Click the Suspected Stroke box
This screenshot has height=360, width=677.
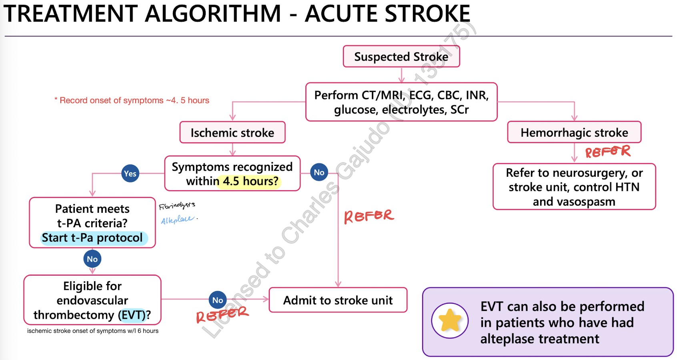[x=401, y=56]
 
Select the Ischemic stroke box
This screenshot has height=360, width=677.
[x=232, y=132]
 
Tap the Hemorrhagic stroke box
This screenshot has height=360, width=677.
[x=574, y=132]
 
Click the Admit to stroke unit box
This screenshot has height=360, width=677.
[x=338, y=300]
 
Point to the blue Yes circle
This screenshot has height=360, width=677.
[x=130, y=174]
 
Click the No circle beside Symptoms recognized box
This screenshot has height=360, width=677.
[x=319, y=172]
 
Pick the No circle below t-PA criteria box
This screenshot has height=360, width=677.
[x=92, y=259]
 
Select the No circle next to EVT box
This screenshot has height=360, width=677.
[x=218, y=300]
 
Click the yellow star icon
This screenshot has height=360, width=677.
[x=450, y=320]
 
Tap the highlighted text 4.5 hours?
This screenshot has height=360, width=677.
[x=250, y=181]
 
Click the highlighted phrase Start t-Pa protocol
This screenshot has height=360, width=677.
[x=92, y=238]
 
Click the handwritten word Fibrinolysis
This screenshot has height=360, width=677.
[x=177, y=206]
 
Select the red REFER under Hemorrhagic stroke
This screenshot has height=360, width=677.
[x=608, y=152]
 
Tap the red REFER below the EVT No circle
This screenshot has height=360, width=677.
[x=222, y=314]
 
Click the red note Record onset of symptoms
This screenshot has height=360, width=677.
[x=132, y=100]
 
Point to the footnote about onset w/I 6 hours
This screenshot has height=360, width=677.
[x=93, y=331]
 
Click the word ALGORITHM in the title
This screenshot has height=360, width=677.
[x=213, y=14]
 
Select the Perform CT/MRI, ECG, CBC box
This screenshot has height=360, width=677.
[x=401, y=102]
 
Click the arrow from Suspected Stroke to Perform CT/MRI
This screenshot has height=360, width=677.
[x=401, y=75]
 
